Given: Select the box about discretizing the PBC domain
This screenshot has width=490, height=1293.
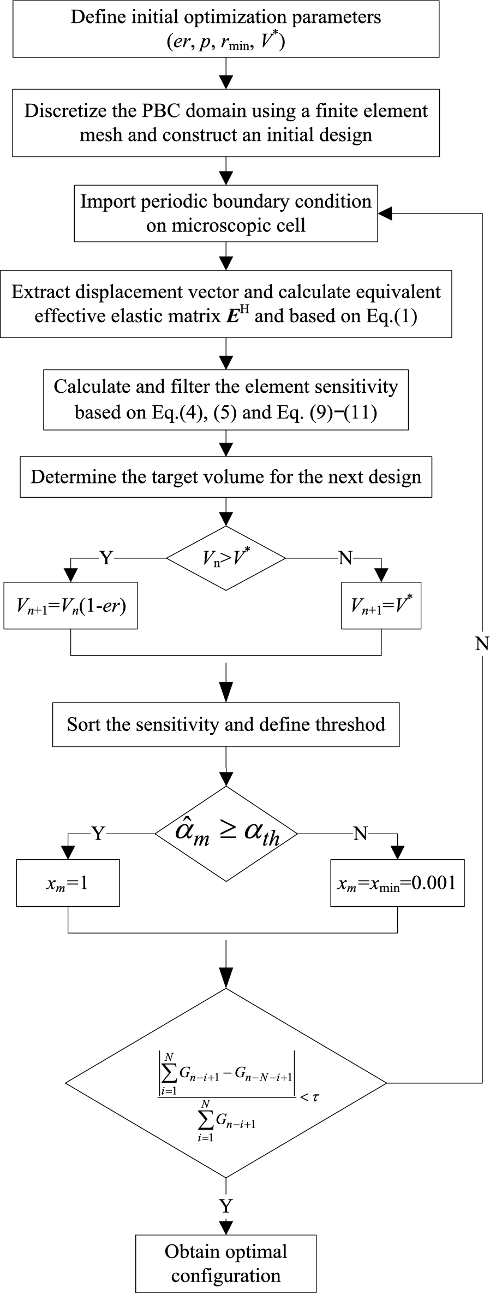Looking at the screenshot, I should click(x=226, y=122).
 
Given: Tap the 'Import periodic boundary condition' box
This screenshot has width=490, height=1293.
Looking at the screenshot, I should click(x=226, y=214).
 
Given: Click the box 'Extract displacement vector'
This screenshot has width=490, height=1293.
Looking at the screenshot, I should click(x=226, y=304).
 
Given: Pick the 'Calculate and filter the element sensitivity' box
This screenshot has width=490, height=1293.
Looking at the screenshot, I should click(x=226, y=399).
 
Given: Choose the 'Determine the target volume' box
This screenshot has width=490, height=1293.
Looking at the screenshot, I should click(x=226, y=477).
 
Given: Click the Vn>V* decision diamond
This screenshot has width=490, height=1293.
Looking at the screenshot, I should click(x=226, y=558).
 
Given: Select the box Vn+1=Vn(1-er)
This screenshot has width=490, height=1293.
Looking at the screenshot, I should click(x=71, y=605).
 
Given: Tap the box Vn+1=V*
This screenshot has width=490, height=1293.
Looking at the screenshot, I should click(x=381, y=605).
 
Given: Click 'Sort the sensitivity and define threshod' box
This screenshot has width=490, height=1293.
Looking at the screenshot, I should click(x=226, y=724).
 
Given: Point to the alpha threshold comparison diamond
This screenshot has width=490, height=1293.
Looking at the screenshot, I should click(x=226, y=834).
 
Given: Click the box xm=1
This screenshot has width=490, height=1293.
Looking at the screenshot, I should click(x=68, y=883).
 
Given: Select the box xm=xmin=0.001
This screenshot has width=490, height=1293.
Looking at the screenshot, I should click(x=397, y=883).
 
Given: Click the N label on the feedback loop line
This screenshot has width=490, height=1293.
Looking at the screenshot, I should click(x=482, y=643).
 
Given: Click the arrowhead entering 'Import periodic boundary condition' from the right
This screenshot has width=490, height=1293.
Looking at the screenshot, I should click(x=385, y=214).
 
